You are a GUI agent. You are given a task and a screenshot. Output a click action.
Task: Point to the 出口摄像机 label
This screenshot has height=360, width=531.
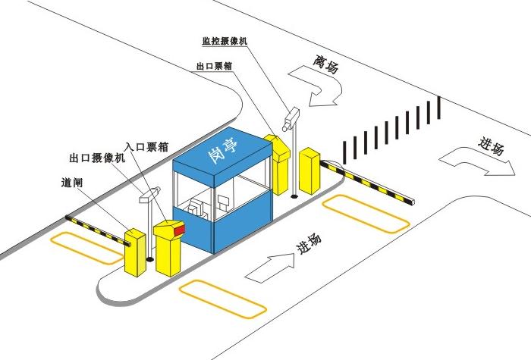[x=95, y=158]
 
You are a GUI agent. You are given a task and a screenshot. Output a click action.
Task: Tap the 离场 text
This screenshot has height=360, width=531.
[x=325, y=64]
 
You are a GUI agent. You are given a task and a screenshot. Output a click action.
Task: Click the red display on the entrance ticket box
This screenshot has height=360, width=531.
[x=179, y=227]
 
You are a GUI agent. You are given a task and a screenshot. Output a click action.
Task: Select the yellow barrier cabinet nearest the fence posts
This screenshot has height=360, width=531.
[x=309, y=171]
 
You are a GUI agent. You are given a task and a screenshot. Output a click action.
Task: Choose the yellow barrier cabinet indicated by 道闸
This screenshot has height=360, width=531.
[x=135, y=251]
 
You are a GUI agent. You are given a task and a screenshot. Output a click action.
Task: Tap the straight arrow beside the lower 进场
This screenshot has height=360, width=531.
[x=271, y=265]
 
